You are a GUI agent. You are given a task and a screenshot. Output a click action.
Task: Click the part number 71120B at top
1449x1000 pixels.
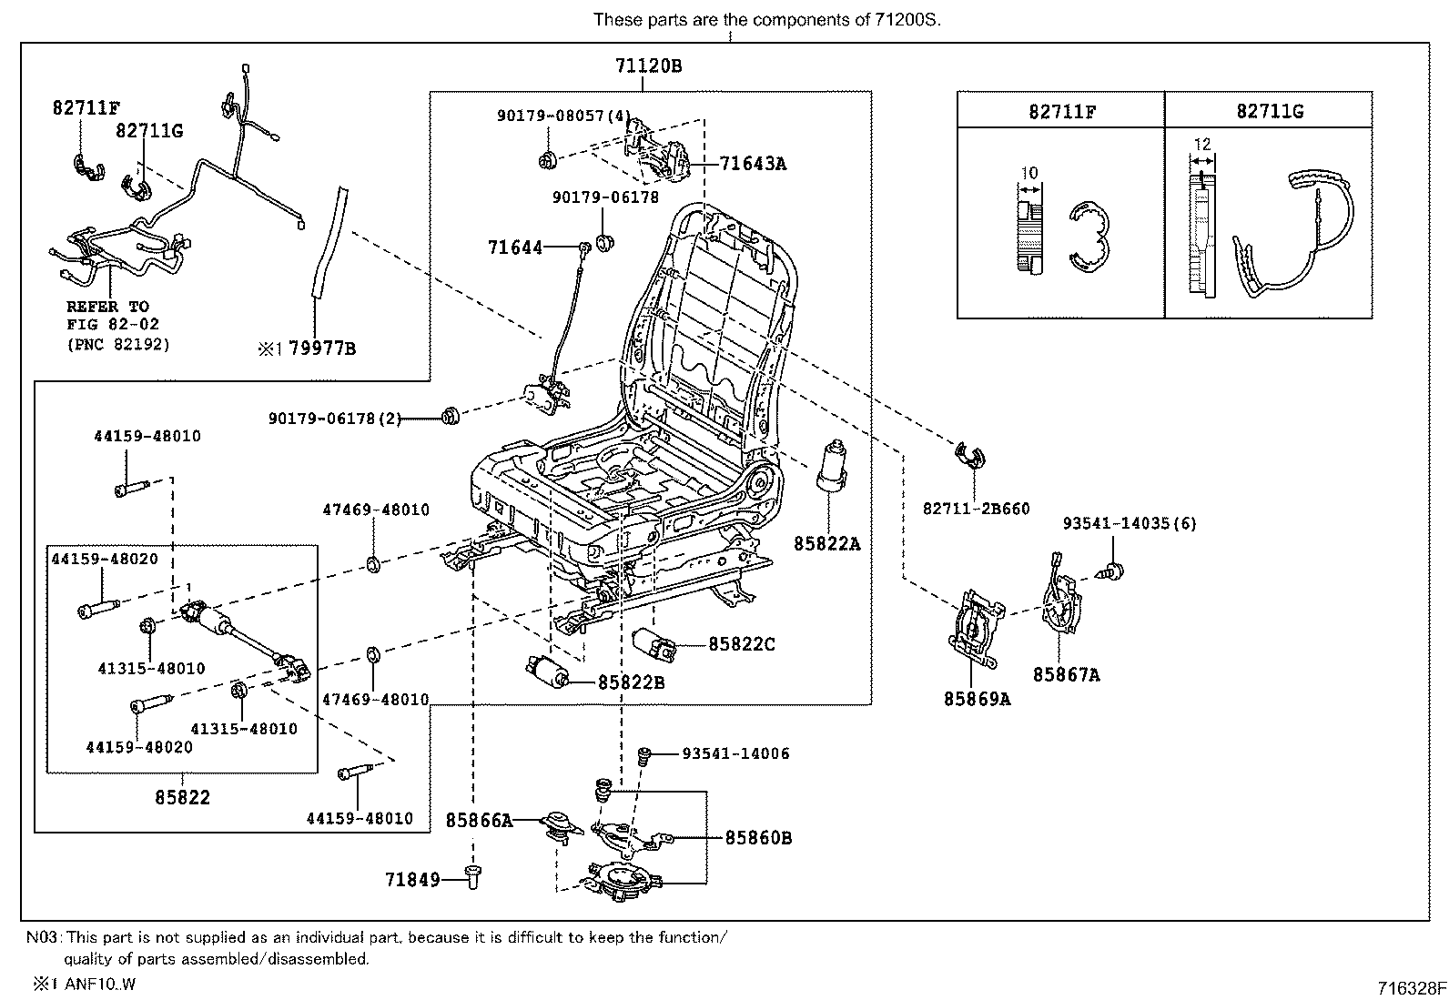(x=648, y=66)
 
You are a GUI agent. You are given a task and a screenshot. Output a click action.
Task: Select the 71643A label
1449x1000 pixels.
(x=753, y=164)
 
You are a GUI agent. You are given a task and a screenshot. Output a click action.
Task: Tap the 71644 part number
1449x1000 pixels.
(x=515, y=247)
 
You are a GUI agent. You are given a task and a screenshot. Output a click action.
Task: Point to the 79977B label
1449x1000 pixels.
(x=322, y=347)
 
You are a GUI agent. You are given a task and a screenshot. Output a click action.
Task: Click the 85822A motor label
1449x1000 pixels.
(x=826, y=544)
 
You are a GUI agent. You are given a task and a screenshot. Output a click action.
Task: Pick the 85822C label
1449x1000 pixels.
(x=742, y=644)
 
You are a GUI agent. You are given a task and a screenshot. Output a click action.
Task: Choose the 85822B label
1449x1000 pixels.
(x=631, y=682)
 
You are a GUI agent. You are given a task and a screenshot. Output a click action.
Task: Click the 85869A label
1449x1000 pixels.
(x=977, y=699)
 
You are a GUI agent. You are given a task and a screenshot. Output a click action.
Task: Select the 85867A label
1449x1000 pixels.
(x=1066, y=674)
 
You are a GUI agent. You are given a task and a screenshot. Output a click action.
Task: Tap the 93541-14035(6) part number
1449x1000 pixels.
(x=1130, y=523)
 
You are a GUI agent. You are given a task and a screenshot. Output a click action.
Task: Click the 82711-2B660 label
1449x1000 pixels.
(x=976, y=509)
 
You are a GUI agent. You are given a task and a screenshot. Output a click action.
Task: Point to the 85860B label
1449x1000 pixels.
(x=758, y=838)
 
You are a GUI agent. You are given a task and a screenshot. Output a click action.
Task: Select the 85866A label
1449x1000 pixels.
(x=479, y=821)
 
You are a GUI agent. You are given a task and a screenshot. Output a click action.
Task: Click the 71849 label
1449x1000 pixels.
(x=412, y=880)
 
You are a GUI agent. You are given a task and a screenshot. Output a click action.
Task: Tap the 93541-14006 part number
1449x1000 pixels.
(x=735, y=753)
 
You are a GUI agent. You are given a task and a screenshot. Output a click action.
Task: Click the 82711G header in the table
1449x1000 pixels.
(x=1269, y=111)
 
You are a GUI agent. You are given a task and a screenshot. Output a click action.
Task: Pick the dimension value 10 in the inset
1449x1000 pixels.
(x=1029, y=173)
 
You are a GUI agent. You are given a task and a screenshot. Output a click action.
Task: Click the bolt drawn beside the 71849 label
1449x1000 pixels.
(x=473, y=876)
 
